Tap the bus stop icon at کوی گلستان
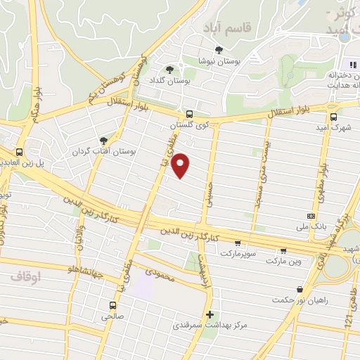188,114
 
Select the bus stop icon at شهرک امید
333,116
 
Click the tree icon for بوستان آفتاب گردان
105,141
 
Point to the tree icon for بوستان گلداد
169,69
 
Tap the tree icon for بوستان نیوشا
219,49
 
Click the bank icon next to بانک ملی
311,216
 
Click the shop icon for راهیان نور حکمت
300,289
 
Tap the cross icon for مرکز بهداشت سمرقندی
209,314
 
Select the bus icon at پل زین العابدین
20,151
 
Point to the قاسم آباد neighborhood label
226,27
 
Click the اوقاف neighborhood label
26,276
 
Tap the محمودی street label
160,271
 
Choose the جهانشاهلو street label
82,269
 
